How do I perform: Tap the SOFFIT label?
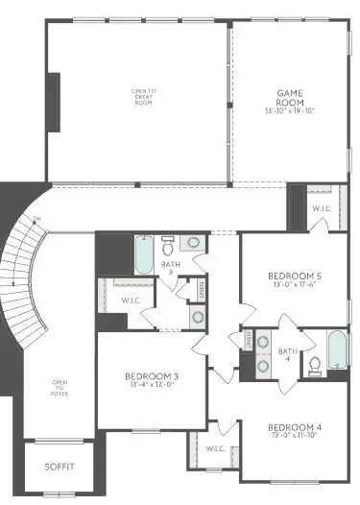[59, 467]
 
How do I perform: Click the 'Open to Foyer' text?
[60, 389]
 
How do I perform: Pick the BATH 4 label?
[287, 356]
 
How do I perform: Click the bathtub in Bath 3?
[143, 253]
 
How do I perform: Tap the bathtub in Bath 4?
[336, 350]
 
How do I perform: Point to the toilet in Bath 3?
[168, 244]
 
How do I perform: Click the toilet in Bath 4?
[314, 365]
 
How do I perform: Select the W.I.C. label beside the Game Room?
[321, 210]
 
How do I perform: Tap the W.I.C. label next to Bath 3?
[132, 301]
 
